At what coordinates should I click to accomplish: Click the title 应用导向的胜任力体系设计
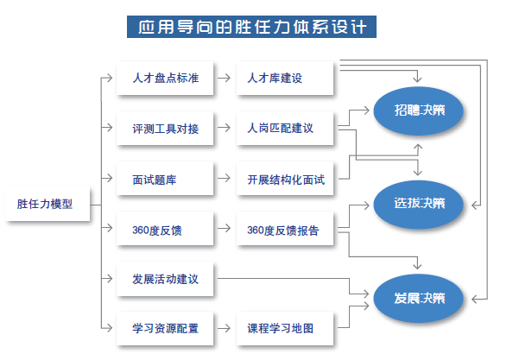click(x=251, y=27)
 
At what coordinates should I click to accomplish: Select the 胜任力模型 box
click(x=47, y=204)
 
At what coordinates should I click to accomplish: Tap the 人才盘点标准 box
click(x=165, y=79)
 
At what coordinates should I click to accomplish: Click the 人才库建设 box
click(x=285, y=79)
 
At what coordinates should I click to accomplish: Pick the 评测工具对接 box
click(x=165, y=128)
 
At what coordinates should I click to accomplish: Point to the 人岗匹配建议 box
click(x=285, y=128)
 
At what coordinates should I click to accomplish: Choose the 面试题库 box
click(x=165, y=179)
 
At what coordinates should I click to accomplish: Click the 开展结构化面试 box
click(x=285, y=179)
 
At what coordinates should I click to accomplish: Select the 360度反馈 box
click(x=165, y=229)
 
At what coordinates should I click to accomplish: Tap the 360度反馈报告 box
click(x=285, y=229)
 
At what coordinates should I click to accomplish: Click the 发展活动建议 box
click(x=165, y=279)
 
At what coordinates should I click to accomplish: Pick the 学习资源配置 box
click(x=165, y=328)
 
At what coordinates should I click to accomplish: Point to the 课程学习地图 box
click(x=285, y=328)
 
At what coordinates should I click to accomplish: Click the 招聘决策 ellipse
click(x=419, y=111)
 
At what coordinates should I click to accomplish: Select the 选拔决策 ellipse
click(x=419, y=205)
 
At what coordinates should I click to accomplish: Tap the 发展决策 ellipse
click(x=419, y=299)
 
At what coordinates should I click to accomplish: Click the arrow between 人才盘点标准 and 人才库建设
click(x=224, y=78)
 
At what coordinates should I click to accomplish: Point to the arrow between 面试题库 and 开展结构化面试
click(x=224, y=178)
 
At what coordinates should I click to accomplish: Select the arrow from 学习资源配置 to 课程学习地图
click(x=224, y=328)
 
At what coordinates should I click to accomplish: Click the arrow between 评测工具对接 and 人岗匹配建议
click(x=224, y=128)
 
